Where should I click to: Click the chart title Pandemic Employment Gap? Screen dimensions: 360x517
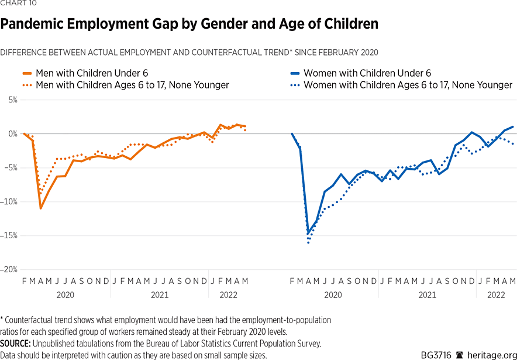point(189,25)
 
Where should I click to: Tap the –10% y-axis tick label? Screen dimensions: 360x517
point(9,202)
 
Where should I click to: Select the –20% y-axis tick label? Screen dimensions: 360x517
point(9,270)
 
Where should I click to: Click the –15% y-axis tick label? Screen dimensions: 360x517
point(9,236)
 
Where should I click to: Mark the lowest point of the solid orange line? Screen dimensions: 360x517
point(40,208)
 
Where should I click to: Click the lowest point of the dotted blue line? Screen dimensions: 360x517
point(308,242)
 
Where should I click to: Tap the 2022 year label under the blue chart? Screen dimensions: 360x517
point(496,295)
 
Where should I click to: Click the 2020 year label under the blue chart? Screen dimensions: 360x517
point(333,295)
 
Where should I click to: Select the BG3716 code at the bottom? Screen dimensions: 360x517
point(436,355)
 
